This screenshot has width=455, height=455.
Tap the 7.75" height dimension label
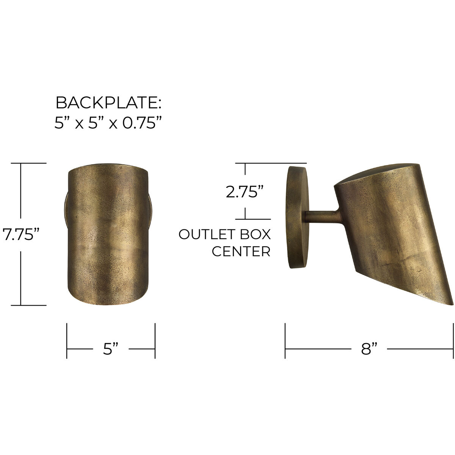tap(21, 234)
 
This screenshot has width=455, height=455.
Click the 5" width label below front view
tap(111, 348)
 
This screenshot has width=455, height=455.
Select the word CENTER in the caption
tap(241, 251)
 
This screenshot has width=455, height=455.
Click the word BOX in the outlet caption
tap(256, 234)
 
